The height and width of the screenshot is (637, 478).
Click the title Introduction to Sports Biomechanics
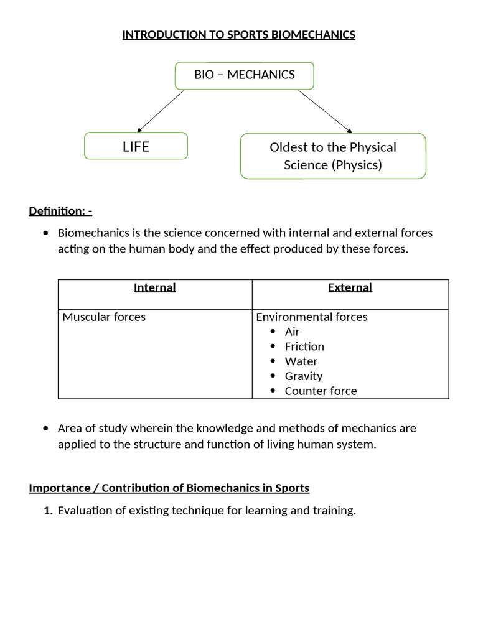point(238,35)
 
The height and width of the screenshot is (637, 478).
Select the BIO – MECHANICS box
point(245,75)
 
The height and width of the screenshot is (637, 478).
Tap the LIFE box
point(136,147)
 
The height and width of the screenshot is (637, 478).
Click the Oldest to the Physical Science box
point(333,156)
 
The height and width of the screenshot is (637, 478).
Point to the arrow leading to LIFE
point(161,110)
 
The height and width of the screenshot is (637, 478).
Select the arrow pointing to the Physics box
point(324,110)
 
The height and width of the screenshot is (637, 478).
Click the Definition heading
point(60,211)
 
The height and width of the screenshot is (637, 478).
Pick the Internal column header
point(155,287)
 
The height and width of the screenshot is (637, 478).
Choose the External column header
point(350,287)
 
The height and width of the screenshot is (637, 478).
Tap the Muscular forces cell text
point(104,317)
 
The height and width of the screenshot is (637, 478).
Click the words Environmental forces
point(312,317)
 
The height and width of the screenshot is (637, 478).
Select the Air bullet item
point(292,332)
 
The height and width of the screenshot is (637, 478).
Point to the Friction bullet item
point(304,346)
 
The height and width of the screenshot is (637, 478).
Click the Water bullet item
point(301,361)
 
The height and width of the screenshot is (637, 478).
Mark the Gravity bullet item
point(303,376)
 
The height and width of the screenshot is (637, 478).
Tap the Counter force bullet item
point(321,391)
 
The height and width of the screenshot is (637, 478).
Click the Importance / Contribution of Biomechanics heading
point(169,488)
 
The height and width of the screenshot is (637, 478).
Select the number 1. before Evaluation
point(48,511)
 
